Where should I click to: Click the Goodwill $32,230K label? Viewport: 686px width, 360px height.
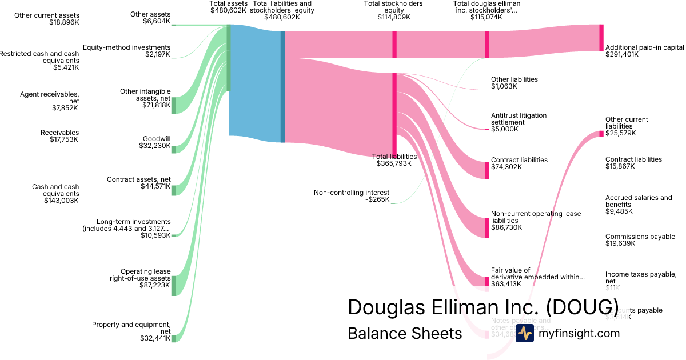(155, 142)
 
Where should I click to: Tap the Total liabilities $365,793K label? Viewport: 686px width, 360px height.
(394, 160)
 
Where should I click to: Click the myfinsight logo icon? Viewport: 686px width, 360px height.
(524, 334)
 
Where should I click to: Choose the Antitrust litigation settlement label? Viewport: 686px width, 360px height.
(519, 122)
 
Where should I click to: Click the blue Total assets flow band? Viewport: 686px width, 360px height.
(254, 80)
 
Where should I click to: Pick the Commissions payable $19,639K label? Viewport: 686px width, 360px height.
(640, 240)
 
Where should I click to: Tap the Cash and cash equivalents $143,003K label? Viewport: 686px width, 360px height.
(55, 194)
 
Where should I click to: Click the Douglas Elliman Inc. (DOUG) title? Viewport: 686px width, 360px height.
(483, 307)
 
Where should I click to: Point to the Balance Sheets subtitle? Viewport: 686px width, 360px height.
(405, 333)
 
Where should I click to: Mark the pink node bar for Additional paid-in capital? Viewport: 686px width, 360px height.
(601, 38)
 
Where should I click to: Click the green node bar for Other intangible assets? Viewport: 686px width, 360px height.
(174, 105)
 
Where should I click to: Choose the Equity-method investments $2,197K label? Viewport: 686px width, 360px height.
(126, 51)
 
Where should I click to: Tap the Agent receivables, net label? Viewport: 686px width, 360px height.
(50, 101)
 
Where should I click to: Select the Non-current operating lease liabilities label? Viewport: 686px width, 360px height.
(536, 221)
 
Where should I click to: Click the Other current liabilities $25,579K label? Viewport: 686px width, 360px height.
(627, 126)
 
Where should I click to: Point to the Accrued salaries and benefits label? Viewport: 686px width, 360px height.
(639, 205)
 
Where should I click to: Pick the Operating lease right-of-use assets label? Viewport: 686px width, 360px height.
(140, 278)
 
